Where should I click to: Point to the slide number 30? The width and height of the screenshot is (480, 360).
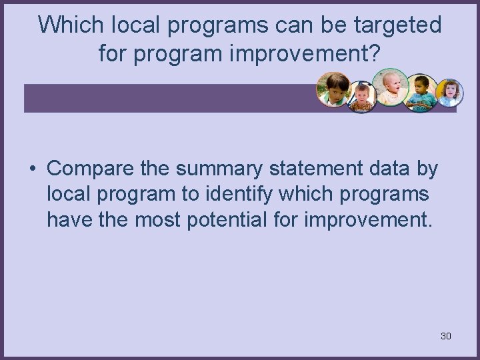point(446,336)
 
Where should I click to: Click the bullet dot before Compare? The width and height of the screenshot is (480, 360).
point(32,169)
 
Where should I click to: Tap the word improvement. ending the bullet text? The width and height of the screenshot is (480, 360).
point(369,219)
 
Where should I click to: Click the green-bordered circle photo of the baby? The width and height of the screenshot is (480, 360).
point(390,87)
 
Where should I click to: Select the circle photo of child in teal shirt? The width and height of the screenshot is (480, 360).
point(421,93)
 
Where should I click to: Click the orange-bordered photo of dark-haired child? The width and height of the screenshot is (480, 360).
point(333,89)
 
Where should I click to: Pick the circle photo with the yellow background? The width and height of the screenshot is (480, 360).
point(449,93)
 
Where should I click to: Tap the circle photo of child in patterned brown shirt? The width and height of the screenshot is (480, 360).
point(362,97)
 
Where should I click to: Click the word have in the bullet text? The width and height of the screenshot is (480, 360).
point(69,219)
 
